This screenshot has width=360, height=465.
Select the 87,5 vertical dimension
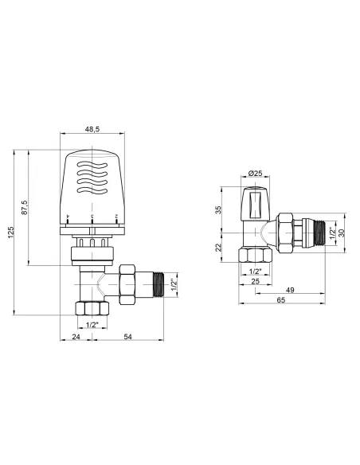pyautogui.click(x=25, y=208)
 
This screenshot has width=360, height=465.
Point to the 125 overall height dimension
pyautogui.click(x=10, y=235)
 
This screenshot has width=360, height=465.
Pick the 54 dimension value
pyautogui.click(x=128, y=338)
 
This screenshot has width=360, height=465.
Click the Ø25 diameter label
pyautogui.click(x=255, y=173)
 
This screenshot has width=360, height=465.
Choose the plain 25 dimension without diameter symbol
pyautogui.click(x=256, y=281)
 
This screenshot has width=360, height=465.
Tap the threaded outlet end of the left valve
pyautogui.click(x=163, y=283)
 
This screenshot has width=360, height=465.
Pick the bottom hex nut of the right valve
pyautogui.click(x=256, y=256)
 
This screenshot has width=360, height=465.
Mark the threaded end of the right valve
pyautogui.click(x=323, y=233)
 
